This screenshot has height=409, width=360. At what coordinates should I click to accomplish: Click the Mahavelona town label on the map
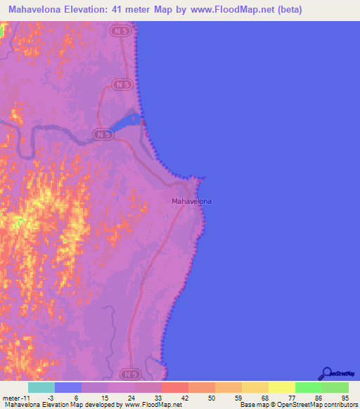click(x=192, y=201)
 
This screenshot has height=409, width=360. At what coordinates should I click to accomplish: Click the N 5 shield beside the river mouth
click(x=103, y=134)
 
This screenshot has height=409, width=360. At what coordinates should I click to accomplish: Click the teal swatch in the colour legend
click(x=41, y=387)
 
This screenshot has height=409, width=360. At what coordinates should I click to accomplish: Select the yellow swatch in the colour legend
click(x=282, y=387)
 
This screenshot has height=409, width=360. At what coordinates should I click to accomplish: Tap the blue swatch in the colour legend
click(x=68, y=387)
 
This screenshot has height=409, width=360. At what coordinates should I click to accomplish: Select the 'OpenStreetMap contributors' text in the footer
click(x=317, y=405)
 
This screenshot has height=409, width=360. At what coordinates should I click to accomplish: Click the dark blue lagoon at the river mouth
click(x=125, y=124)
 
